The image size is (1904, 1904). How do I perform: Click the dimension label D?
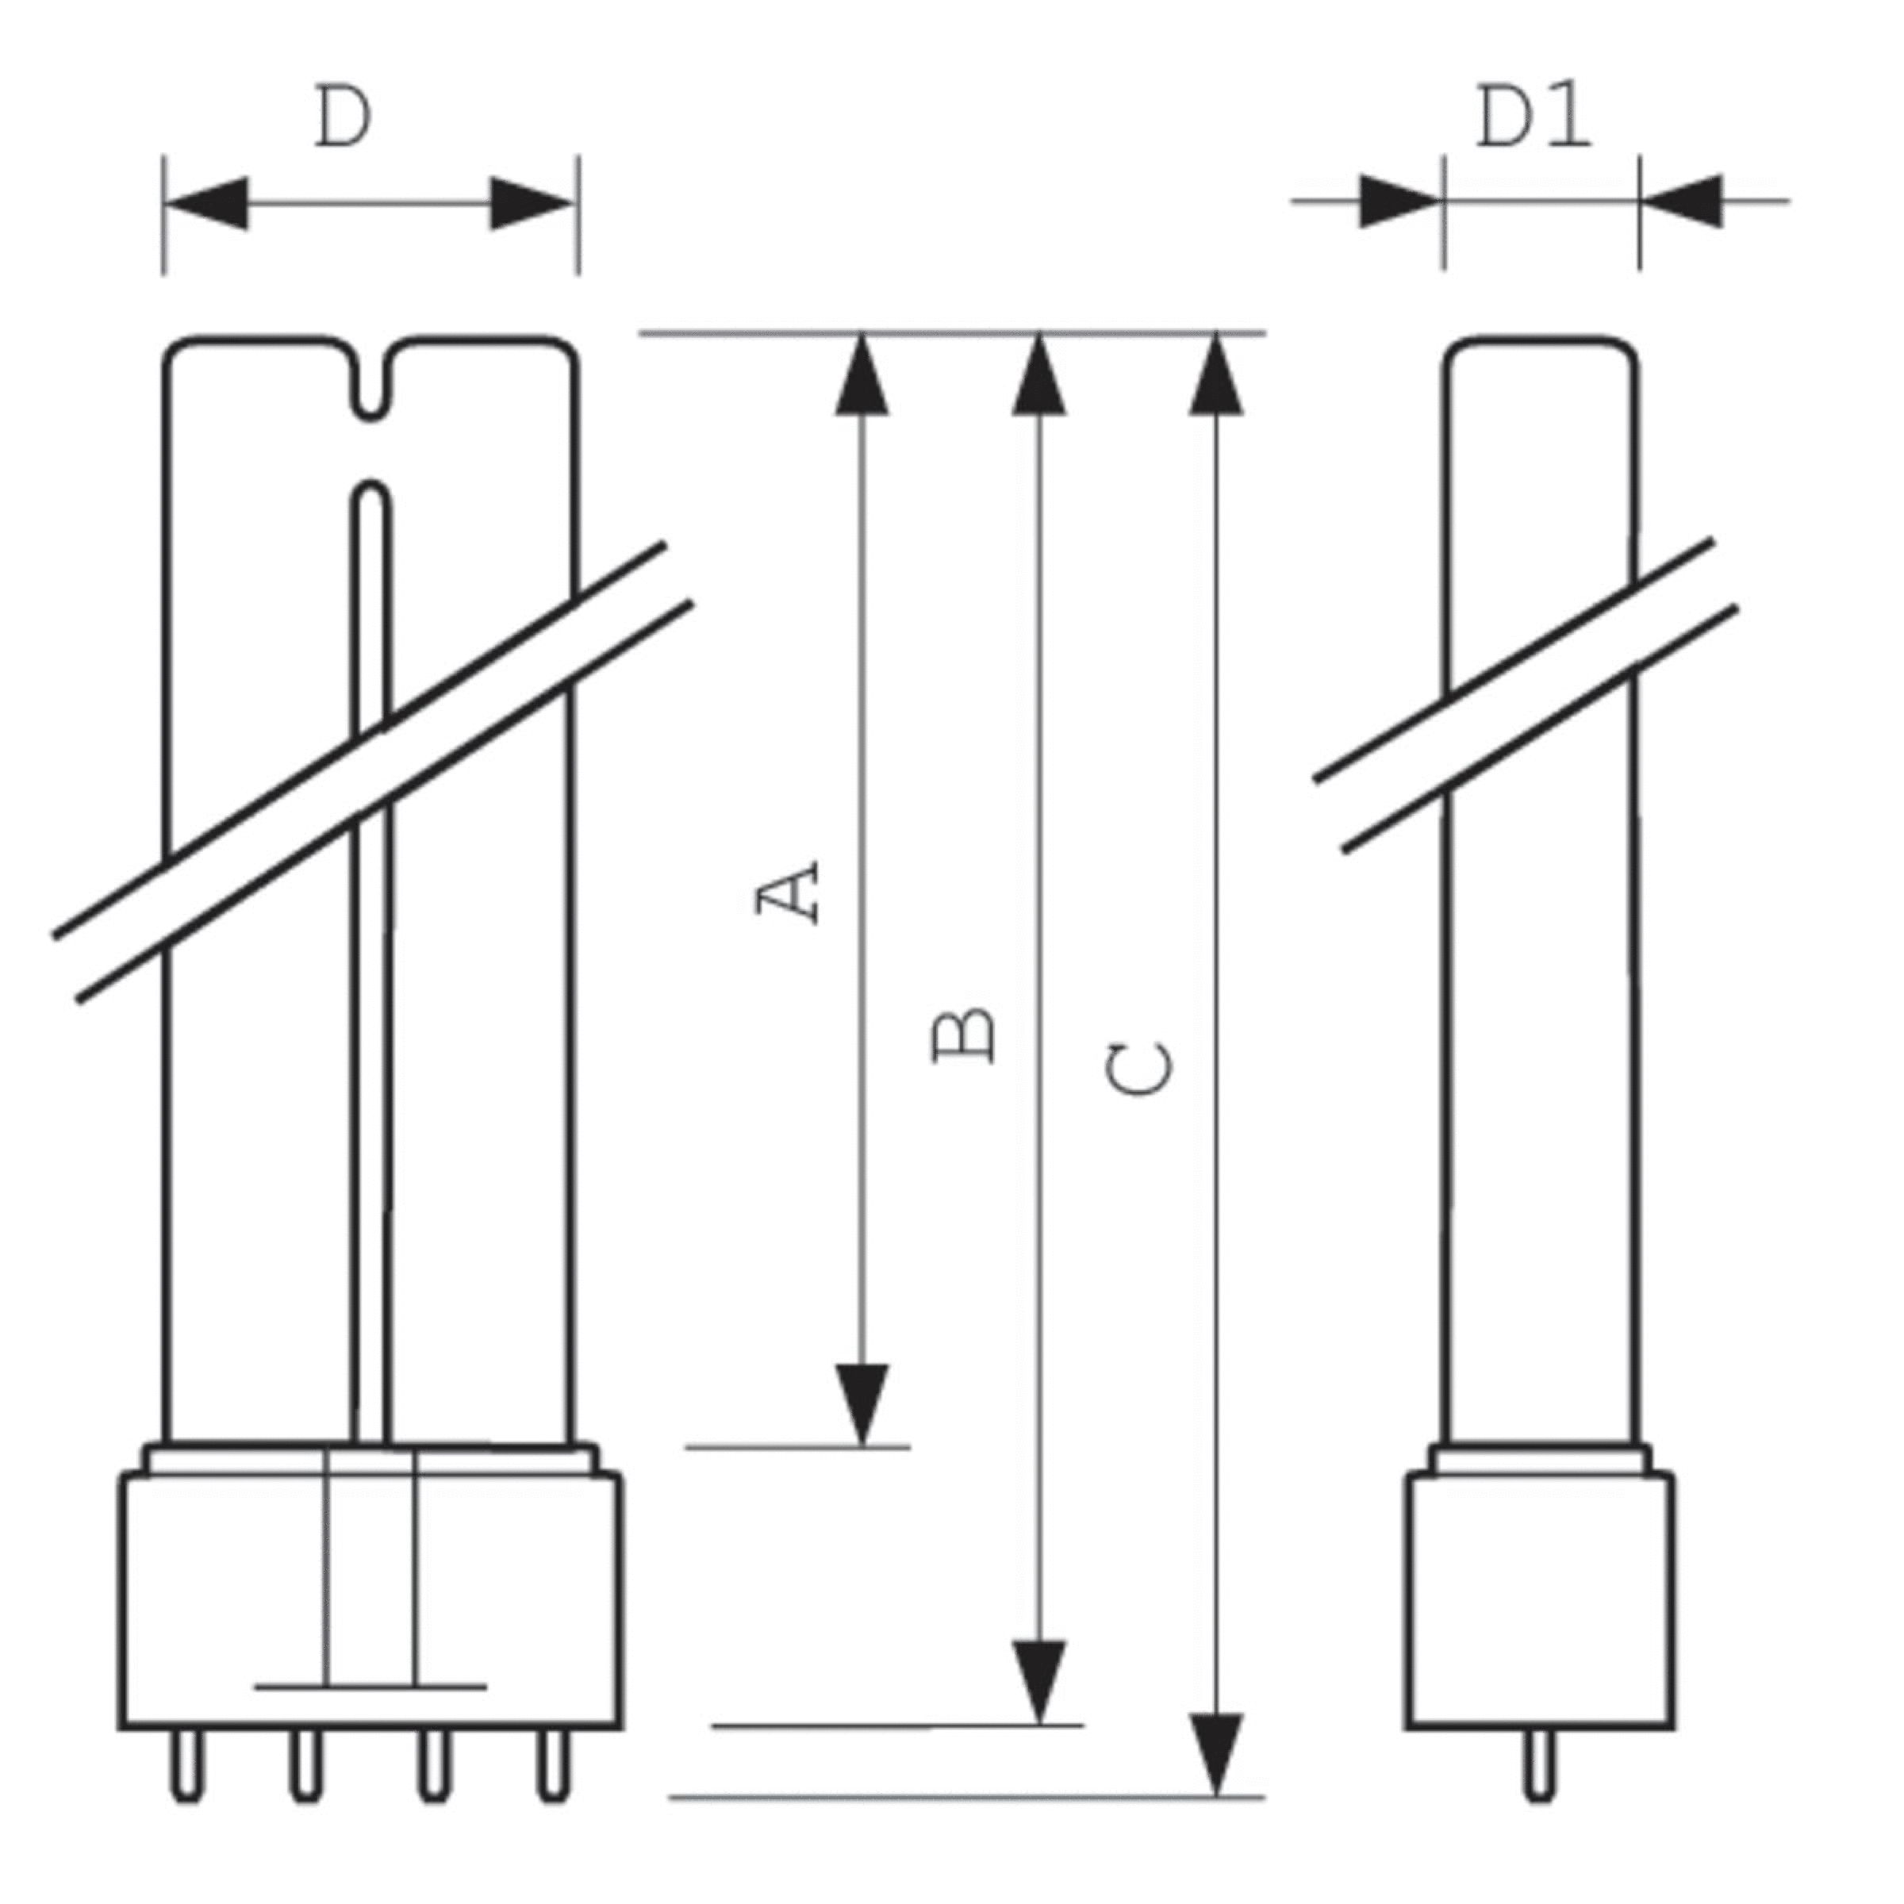[343, 118]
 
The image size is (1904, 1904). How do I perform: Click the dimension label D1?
[1534, 118]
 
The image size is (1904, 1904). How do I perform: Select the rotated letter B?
[964, 1036]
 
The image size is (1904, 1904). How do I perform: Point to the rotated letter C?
[1139, 1069]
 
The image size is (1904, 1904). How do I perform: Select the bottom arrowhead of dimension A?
[862, 1404]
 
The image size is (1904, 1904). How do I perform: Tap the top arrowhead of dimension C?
[1216, 374]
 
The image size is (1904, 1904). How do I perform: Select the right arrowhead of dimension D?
[530, 204]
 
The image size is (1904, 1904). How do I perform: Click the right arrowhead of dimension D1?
[1683, 201]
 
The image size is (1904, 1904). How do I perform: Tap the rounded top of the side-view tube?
[1541, 345]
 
